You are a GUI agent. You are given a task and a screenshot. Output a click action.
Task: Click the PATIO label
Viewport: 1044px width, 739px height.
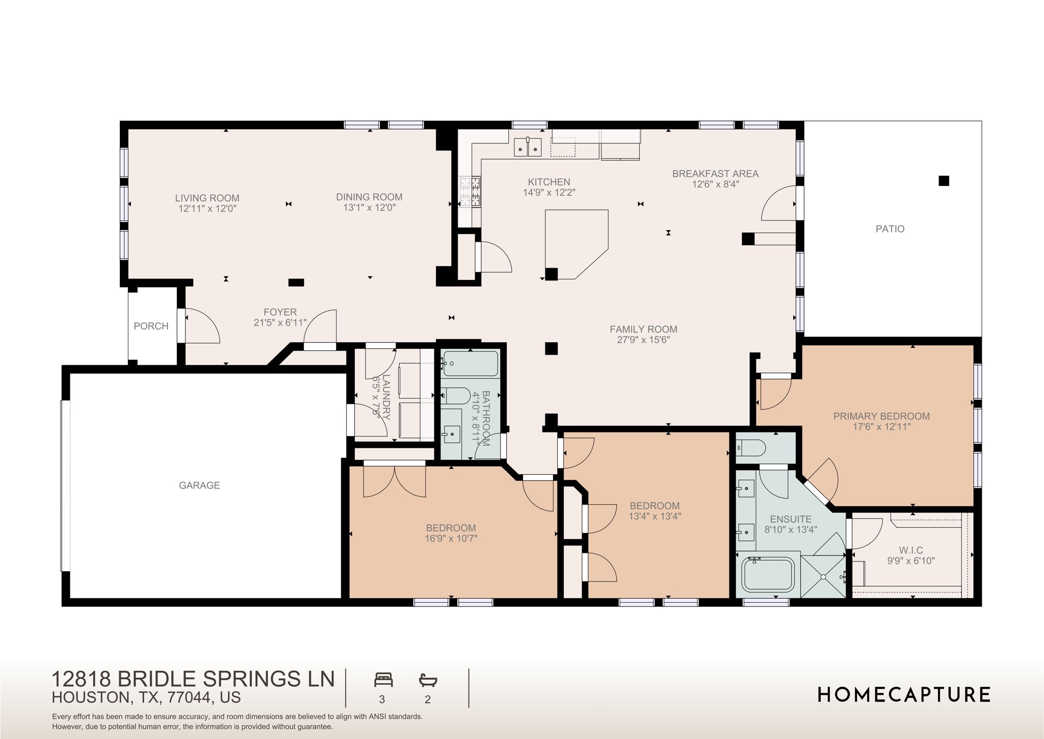(890, 229)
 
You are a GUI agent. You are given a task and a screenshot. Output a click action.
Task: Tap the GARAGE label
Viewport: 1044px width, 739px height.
(199, 485)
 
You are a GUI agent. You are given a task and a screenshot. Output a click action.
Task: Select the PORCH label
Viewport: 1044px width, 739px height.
(151, 326)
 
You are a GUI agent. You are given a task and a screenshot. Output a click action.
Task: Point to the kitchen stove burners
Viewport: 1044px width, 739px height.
(470, 192)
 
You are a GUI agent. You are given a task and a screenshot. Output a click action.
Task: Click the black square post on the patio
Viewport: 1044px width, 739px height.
(944, 181)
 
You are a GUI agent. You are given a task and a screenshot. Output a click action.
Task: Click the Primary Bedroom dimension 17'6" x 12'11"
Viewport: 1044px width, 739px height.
(881, 427)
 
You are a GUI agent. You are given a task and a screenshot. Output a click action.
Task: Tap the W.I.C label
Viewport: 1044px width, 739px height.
(911, 550)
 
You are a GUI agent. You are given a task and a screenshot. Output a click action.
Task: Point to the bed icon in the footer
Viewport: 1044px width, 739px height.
(383, 680)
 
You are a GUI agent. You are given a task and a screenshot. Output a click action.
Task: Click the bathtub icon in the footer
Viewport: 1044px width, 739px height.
(428, 680)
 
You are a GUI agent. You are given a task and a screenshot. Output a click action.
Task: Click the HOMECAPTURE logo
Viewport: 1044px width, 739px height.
(904, 695)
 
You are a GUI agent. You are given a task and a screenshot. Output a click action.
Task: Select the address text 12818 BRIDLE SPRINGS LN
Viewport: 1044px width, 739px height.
(193, 679)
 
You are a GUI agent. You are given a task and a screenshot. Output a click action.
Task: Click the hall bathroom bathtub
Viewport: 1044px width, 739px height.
(469, 364)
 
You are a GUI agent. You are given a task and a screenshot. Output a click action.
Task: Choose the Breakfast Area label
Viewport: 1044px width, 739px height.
(715, 173)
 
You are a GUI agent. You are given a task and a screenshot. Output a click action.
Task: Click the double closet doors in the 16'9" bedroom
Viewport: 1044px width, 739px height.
(394, 481)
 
